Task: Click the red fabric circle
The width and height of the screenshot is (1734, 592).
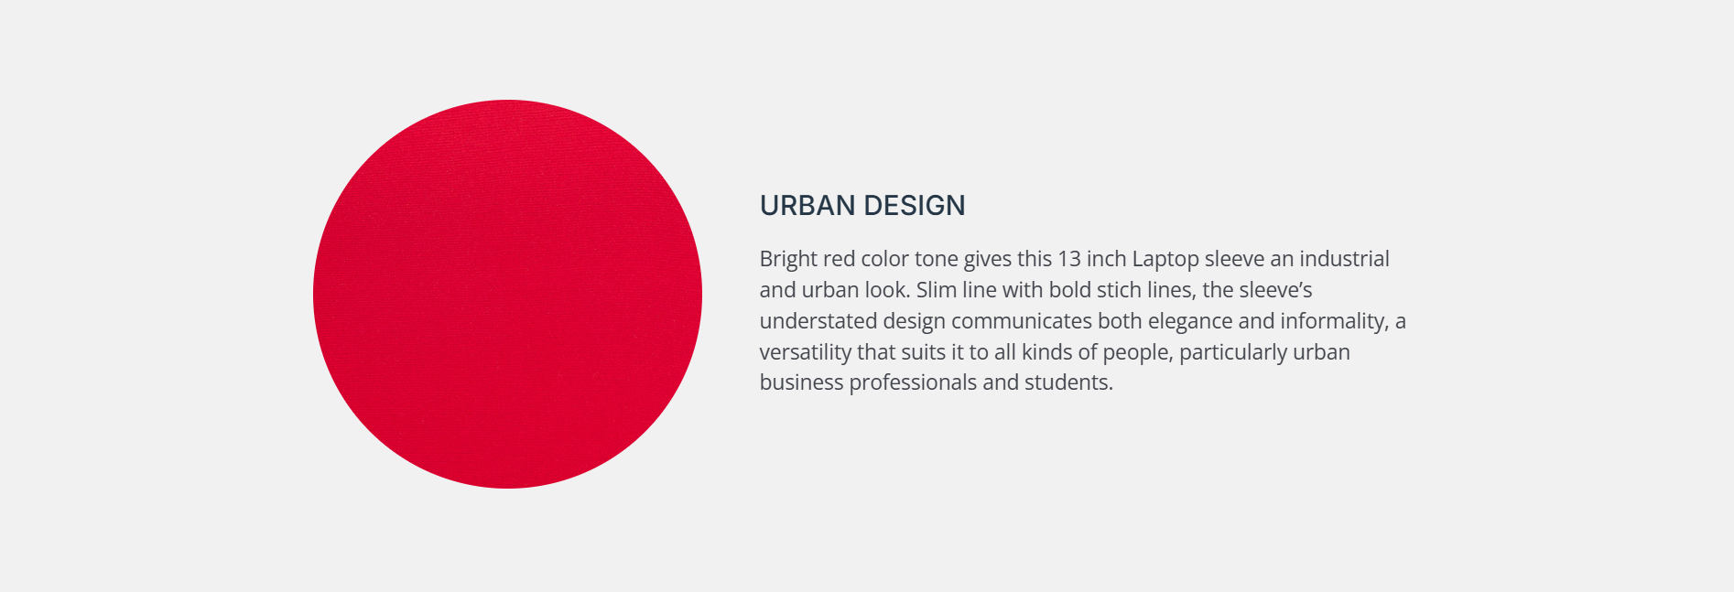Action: pyautogui.click(x=507, y=294)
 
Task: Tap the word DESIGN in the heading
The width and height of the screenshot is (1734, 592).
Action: pyautogui.click(x=915, y=206)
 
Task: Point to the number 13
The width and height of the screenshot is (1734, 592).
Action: pyautogui.click(x=1069, y=259)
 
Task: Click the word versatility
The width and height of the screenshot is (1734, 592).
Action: pyautogui.click(x=806, y=353)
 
